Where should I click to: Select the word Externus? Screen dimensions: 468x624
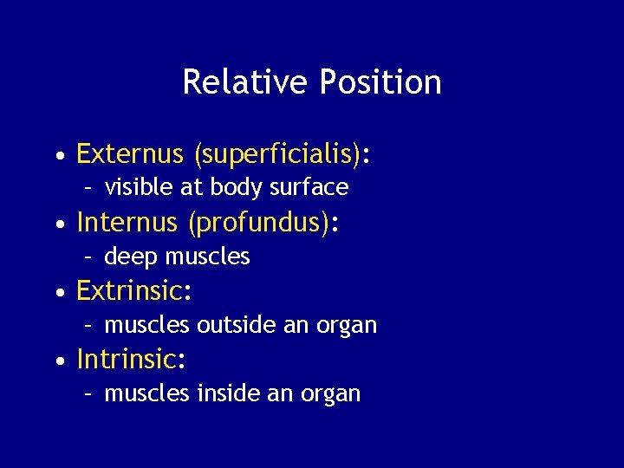[130, 154]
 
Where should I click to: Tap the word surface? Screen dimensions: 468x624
[314, 187]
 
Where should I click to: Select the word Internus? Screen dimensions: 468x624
[127, 224]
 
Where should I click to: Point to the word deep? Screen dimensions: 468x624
[131, 257]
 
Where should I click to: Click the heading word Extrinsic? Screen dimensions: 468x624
[129, 291]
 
